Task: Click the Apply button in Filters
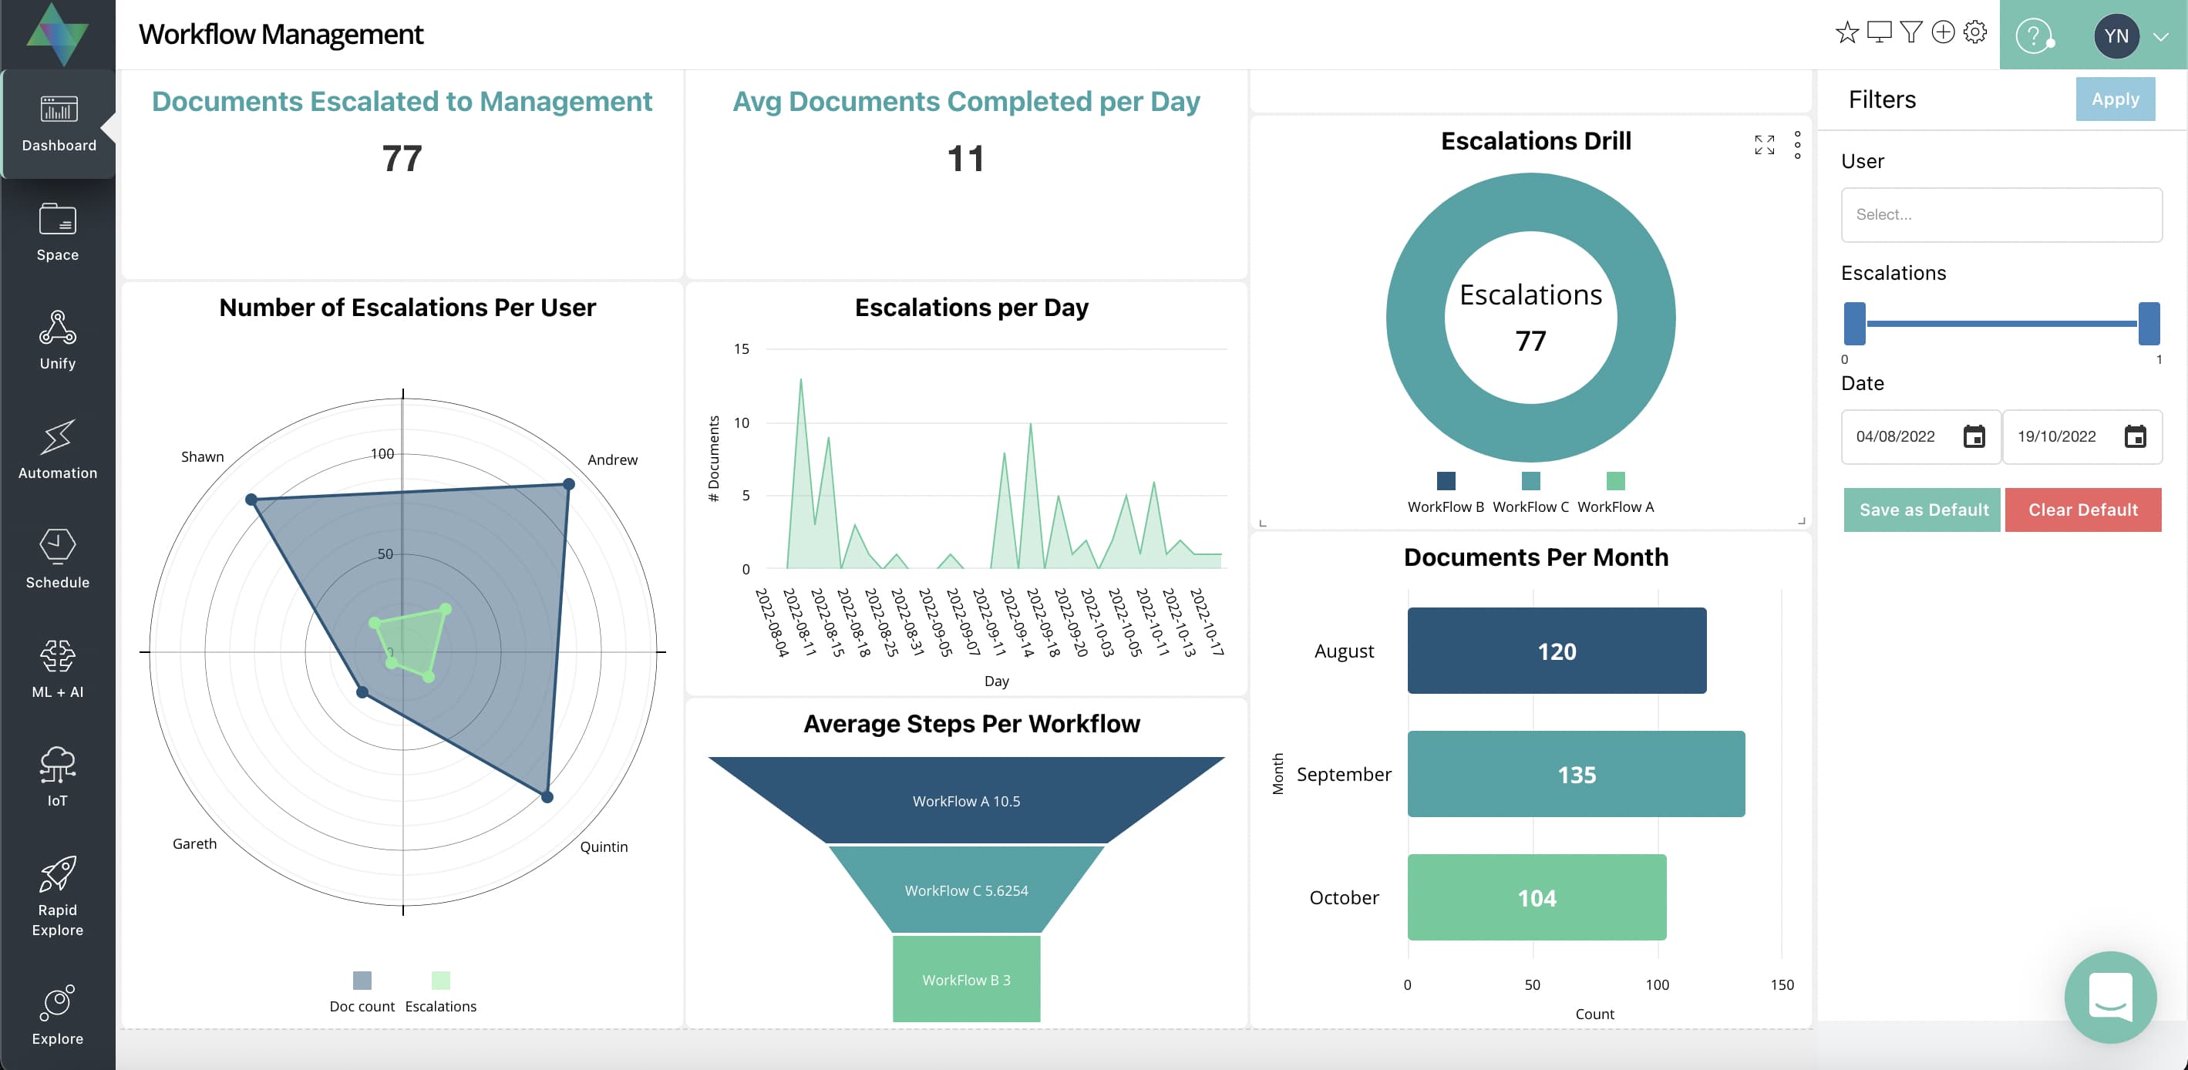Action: coord(2114,99)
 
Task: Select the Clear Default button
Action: coord(2082,510)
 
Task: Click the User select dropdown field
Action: coord(2001,215)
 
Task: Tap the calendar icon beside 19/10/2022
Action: coord(2135,436)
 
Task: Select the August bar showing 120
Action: coord(1555,651)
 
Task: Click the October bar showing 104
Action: coord(1536,897)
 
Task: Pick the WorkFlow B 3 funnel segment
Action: coord(966,979)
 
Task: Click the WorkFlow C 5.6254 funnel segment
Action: coord(966,890)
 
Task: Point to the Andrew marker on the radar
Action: coord(568,484)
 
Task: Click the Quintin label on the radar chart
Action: coord(603,846)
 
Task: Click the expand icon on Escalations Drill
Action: coord(1764,145)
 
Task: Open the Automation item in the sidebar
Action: coord(58,450)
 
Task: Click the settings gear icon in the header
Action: coord(1974,32)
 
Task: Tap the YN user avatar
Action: coord(2115,35)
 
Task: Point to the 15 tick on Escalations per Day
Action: coord(741,349)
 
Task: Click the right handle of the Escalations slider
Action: coord(2148,324)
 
